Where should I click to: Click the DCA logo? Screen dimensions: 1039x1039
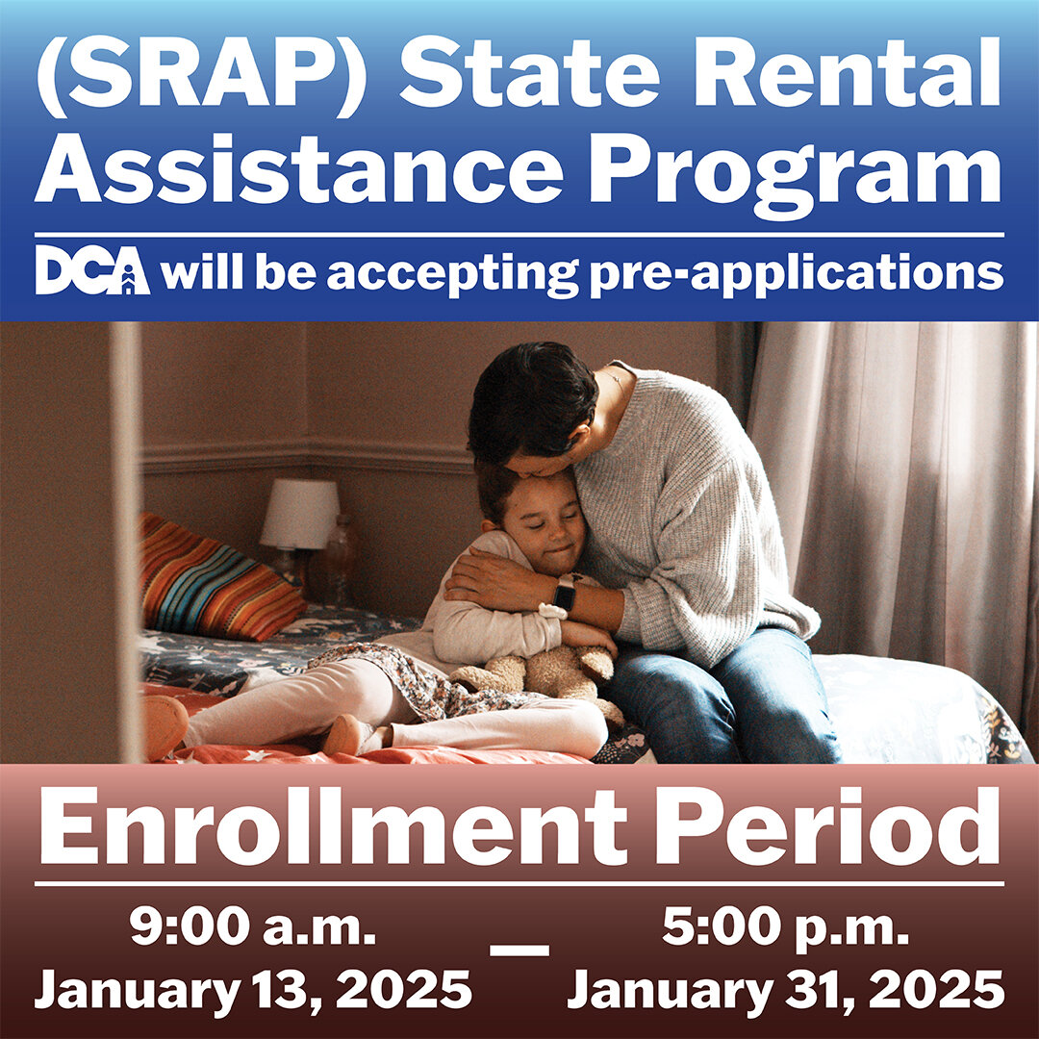(x=92, y=271)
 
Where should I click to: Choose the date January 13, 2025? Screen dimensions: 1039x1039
(x=253, y=989)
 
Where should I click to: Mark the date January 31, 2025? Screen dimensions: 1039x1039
(x=786, y=989)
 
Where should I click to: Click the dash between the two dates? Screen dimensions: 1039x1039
(x=519, y=949)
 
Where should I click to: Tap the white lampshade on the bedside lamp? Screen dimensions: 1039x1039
(x=300, y=514)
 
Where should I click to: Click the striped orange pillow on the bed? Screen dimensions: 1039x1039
(x=216, y=577)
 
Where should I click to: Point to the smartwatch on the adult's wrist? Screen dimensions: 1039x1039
(x=564, y=595)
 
